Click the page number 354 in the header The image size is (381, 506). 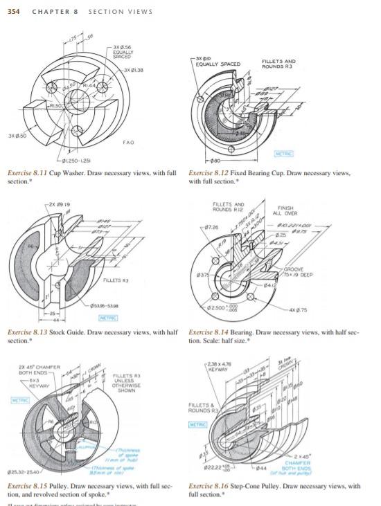(x=13, y=11)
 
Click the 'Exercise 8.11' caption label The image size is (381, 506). (x=28, y=170)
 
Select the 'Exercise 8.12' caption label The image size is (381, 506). (x=211, y=170)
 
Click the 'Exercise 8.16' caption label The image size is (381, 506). (x=211, y=486)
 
